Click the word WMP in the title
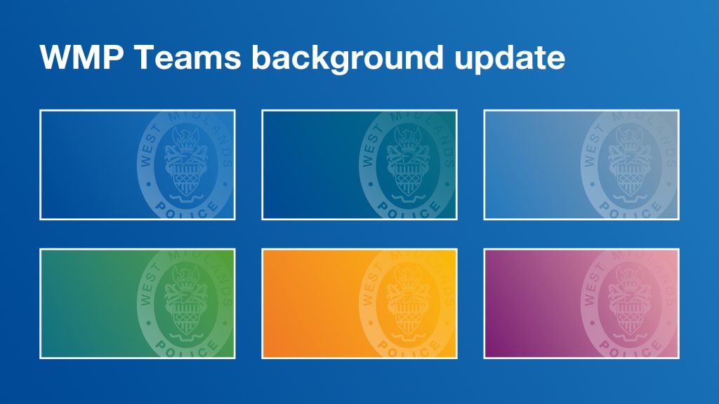(81, 58)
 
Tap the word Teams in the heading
(188, 58)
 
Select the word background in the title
(348, 59)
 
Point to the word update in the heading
(510, 59)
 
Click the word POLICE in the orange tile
(408, 348)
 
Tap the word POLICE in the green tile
(186, 348)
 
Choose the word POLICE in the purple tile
(630, 348)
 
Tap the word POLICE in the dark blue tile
(186, 210)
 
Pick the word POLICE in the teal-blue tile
(408, 210)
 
